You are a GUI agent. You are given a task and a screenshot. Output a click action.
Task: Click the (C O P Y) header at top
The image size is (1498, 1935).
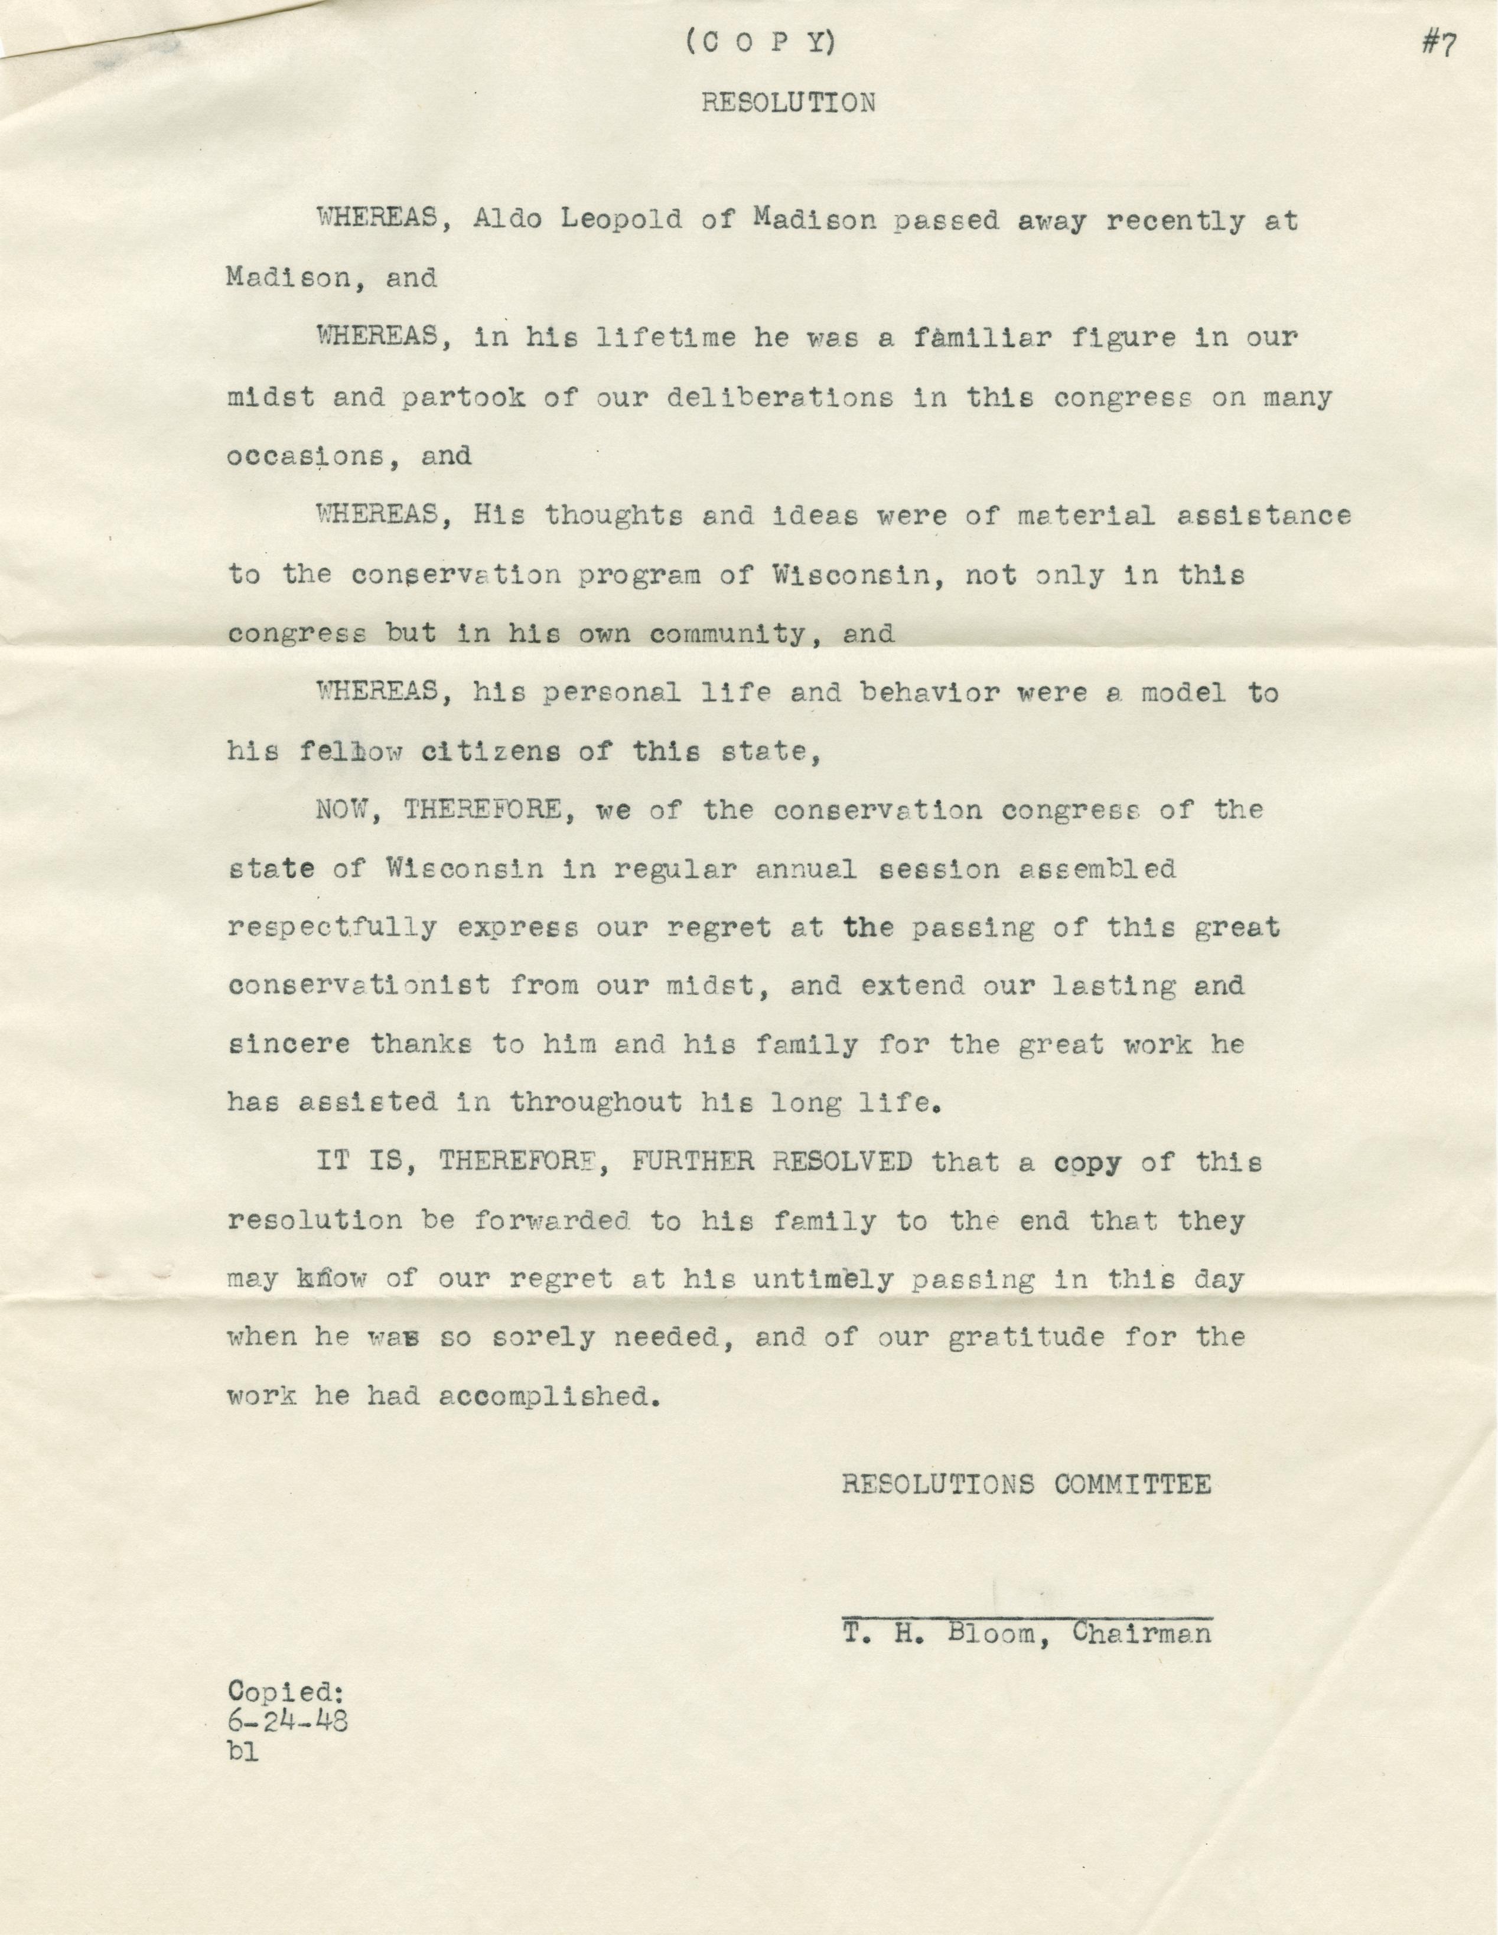[761, 44]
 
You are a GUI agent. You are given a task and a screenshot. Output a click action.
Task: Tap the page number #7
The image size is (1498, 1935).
[1438, 45]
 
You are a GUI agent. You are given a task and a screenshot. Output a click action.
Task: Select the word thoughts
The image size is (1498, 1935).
[613, 515]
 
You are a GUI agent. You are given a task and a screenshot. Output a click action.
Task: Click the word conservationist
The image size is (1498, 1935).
[359, 986]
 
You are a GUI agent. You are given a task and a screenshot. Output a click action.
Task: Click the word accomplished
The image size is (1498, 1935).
[551, 1397]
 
